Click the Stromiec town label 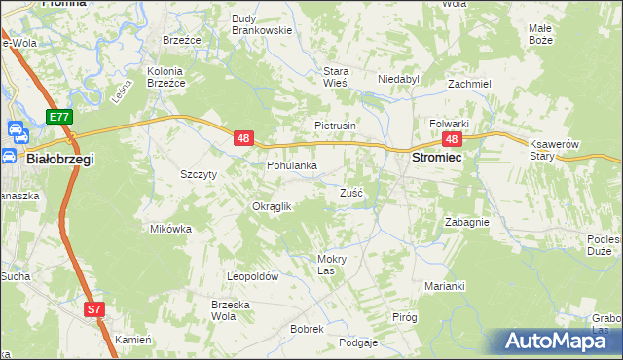pyautogui.click(x=437, y=157)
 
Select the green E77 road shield pyautogui.click(x=59, y=117)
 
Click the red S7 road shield pyautogui.click(x=92, y=310)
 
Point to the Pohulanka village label pyautogui.click(x=292, y=165)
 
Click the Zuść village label pyautogui.click(x=351, y=193)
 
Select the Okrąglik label pyautogui.click(x=273, y=206)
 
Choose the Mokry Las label pyautogui.click(x=332, y=264)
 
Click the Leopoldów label pyautogui.click(x=253, y=277)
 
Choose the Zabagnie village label pyautogui.click(x=466, y=222)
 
